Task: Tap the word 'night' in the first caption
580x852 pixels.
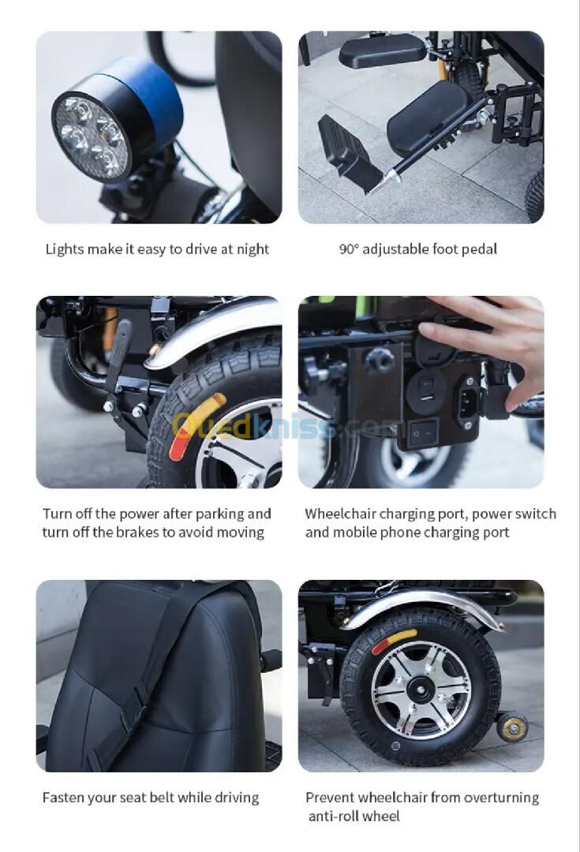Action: (x=253, y=249)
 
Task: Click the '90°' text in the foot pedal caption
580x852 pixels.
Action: (x=349, y=249)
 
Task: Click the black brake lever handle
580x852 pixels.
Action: (x=118, y=353)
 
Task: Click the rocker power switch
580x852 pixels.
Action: (x=423, y=433)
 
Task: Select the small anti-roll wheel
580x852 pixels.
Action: (x=511, y=726)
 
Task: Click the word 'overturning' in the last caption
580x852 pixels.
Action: (x=501, y=798)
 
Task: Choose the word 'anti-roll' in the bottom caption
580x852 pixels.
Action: (x=333, y=816)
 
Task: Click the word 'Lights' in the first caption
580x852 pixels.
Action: (x=65, y=249)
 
